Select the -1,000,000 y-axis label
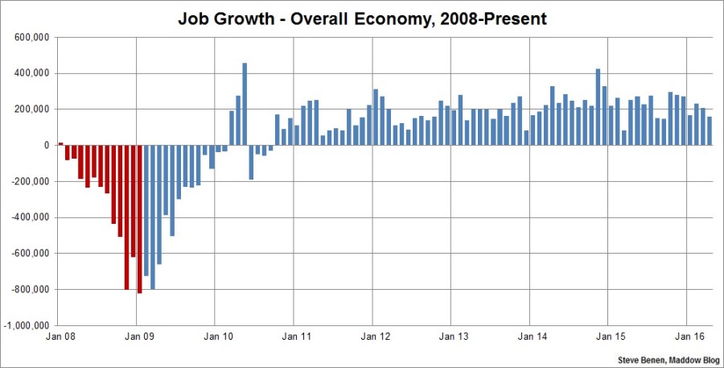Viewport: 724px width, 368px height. (28, 325)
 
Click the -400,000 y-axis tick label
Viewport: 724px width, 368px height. (31, 217)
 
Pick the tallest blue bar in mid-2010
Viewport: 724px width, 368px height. (245, 104)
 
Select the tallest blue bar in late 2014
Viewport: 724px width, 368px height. (598, 107)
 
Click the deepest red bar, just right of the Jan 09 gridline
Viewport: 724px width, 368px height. (140, 219)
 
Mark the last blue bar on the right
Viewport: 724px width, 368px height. (709, 130)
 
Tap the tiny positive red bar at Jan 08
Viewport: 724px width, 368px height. (60, 143)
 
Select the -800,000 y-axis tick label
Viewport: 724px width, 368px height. (31, 289)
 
